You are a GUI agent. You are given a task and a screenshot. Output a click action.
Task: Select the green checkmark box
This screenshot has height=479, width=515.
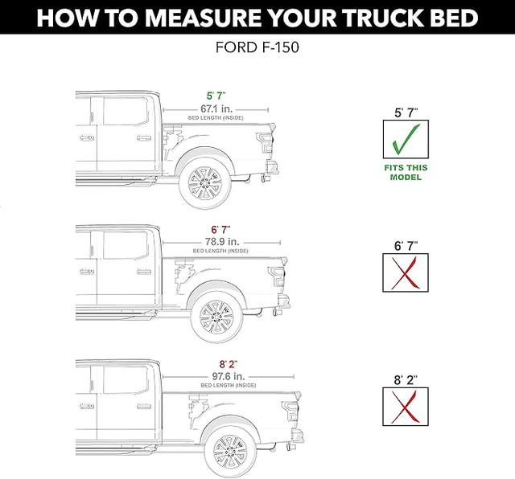[x=406, y=139]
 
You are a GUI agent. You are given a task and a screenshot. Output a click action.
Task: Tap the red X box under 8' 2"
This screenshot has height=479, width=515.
[x=406, y=407]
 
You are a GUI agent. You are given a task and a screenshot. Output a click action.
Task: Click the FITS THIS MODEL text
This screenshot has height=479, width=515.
[x=406, y=172]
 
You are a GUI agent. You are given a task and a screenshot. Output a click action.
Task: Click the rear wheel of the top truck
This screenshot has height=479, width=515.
[x=204, y=184]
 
